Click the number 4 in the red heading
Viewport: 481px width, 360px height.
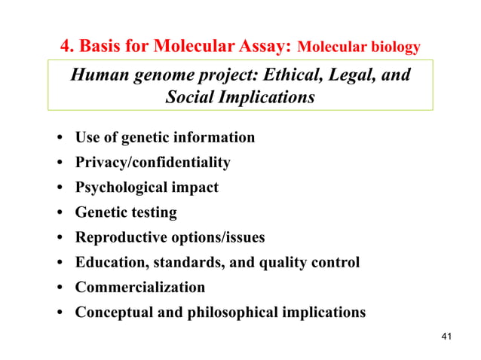click(x=66, y=47)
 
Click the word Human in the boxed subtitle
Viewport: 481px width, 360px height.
click(x=98, y=75)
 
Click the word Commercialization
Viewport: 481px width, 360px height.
click(x=139, y=288)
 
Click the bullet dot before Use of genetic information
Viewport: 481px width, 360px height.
click(x=58, y=139)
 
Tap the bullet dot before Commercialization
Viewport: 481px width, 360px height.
click(x=58, y=288)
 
